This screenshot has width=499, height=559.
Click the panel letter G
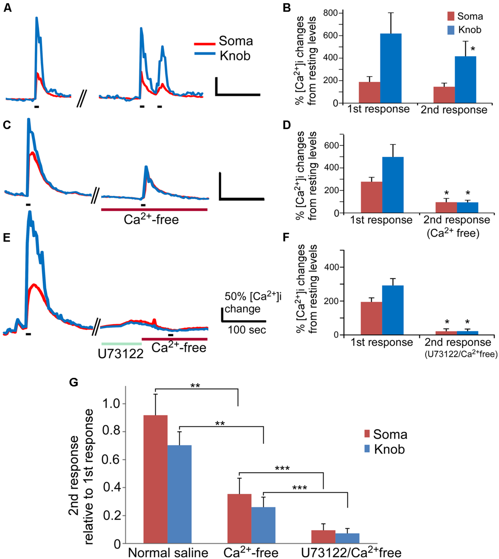click(x=74, y=382)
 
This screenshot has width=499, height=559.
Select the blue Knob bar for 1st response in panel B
click(x=391, y=69)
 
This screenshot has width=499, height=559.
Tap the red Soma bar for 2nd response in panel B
click(x=444, y=95)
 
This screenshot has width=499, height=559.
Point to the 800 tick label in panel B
click(x=330, y=13)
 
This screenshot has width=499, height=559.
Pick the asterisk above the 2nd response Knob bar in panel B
click(x=473, y=50)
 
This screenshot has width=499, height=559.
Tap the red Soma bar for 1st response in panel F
click(x=371, y=318)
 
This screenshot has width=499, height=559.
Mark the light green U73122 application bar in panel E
click(x=121, y=343)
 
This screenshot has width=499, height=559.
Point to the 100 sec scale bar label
click(x=247, y=330)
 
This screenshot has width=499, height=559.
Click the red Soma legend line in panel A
click(x=205, y=44)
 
